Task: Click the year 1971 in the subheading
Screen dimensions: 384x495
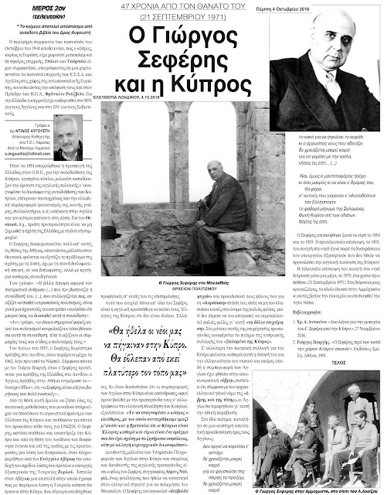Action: [226, 17]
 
